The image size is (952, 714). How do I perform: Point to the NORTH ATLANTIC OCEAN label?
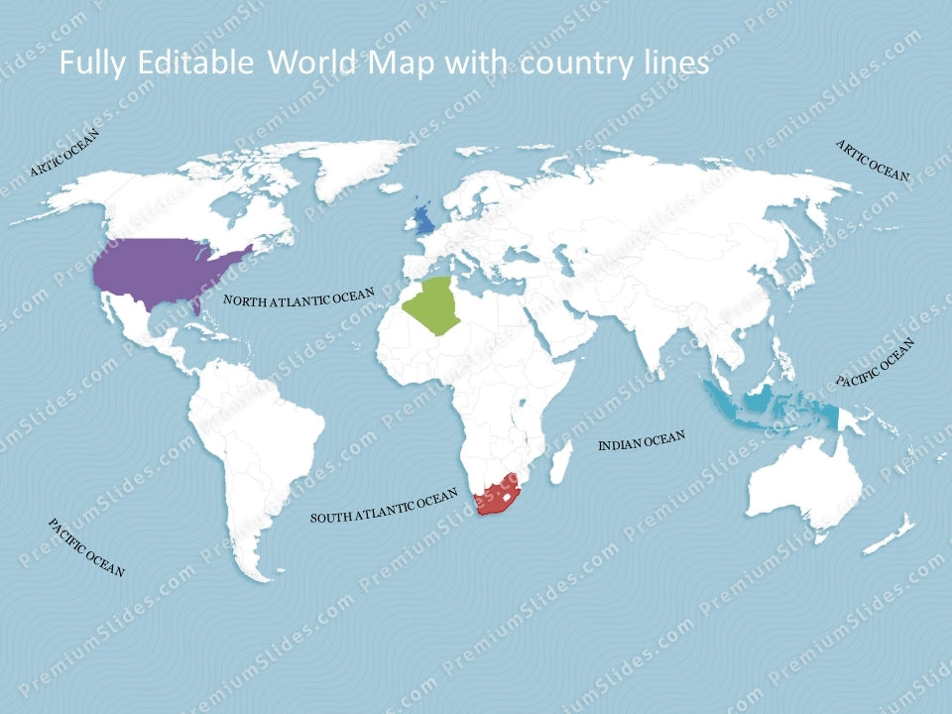(298, 297)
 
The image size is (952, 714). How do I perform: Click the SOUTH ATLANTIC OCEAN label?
(385, 505)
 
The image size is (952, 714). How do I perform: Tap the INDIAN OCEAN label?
(641, 441)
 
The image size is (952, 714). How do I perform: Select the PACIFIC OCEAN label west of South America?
(86, 547)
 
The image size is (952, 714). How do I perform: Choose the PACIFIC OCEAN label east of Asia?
(875, 362)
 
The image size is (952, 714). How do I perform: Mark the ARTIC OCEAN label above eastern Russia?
(873, 160)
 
